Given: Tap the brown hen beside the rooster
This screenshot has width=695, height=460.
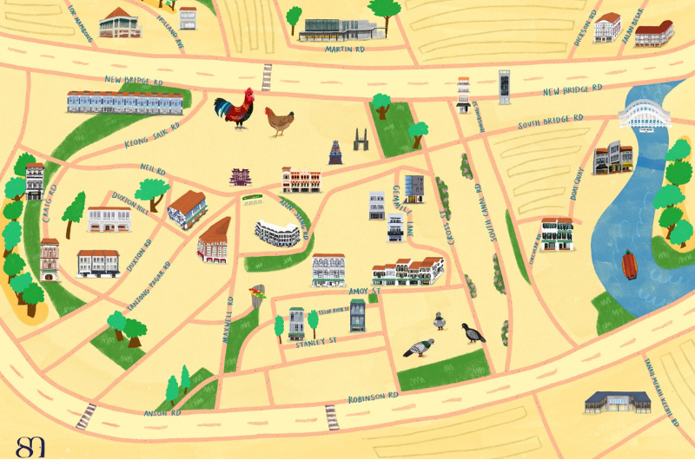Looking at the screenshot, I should click(x=279, y=121).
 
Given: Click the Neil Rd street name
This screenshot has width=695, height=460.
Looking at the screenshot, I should click(x=152, y=168).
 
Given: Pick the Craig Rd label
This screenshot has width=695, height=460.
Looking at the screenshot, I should click(x=50, y=202).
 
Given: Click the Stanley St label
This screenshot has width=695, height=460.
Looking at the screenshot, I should click(x=315, y=342).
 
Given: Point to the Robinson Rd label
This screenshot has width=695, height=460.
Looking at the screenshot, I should click(x=373, y=398).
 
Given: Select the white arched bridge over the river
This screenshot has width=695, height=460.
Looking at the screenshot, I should click(x=645, y=115).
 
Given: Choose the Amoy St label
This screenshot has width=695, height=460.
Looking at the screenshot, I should click(x=360, y=292).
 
